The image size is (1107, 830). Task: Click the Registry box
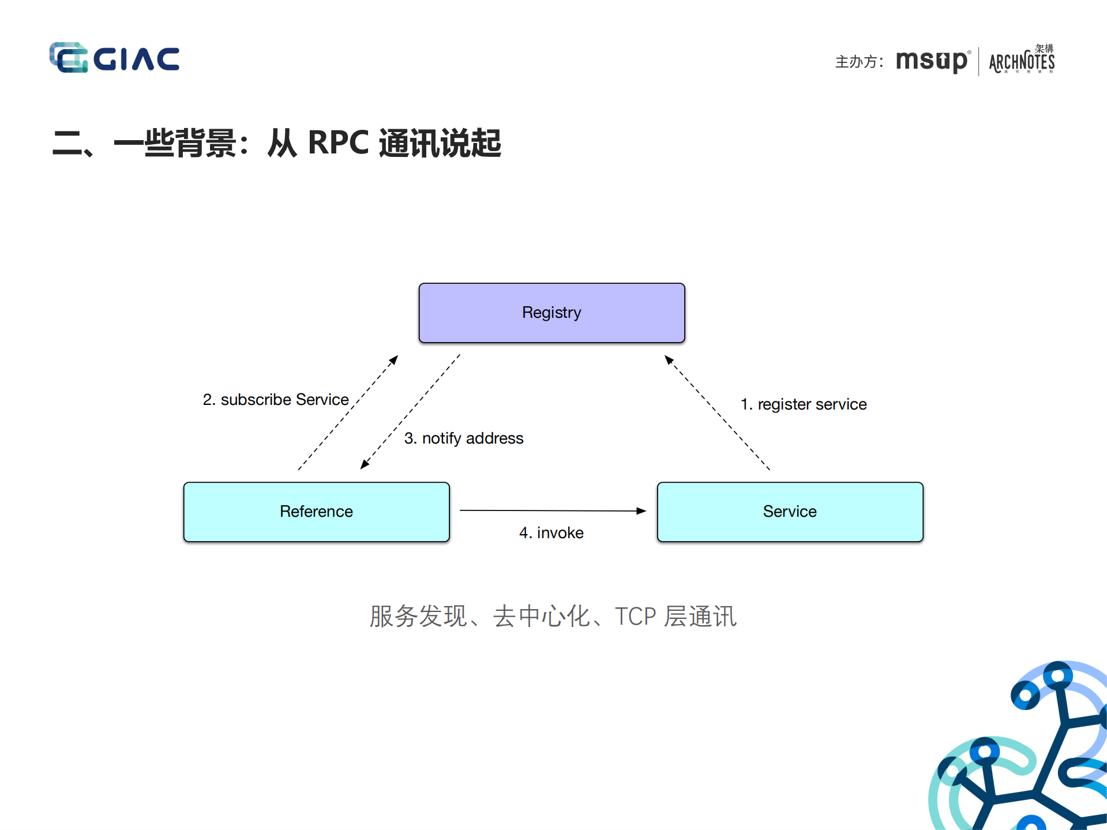click(551, 313)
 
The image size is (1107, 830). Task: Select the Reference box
click(316, 512)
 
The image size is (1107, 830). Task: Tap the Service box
click(790, 512)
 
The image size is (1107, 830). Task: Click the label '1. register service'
click(803, 404)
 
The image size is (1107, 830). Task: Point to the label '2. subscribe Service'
click(276, 400)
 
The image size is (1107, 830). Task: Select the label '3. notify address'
click(464, 438)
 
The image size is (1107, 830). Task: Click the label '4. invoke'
click(551, 533)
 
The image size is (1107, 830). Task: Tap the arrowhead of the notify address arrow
click(365, 464)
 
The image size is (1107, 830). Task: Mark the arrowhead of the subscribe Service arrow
click(394, 359)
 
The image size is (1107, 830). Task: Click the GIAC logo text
click(137, 59)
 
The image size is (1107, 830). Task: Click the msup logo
click(931, 61)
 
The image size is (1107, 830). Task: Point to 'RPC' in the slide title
click(338, 142)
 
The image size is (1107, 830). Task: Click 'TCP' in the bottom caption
click(635, 617)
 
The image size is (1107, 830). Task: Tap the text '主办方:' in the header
click(859, 62)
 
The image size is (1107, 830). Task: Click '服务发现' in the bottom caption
click(418, 617)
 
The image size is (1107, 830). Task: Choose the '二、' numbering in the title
click(72, 143)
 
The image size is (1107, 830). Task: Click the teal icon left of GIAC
click(69, 58)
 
